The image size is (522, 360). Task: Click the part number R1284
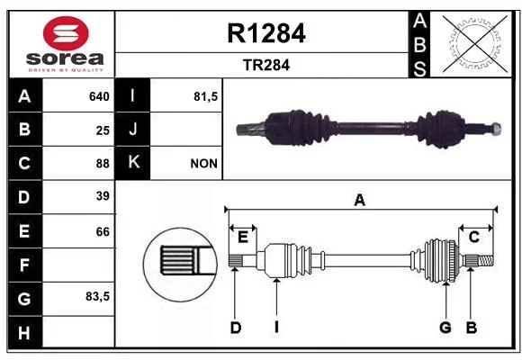coord(266,33)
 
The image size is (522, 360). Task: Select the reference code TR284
coord(266,65)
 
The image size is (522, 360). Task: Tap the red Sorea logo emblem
coord(66,33)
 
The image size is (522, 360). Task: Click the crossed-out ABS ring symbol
coord(475,43)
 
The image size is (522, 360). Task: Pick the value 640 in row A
coord(99,96)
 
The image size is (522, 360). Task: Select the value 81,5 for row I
coord(206,96)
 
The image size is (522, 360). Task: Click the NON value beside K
coord(203,164)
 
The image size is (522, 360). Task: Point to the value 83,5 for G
coord(97,296)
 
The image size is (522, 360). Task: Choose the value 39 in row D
coord(103,196)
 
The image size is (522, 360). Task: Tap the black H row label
coord(25,333)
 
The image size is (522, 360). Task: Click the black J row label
coord(132,129)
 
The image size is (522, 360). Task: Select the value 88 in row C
coord(103,164)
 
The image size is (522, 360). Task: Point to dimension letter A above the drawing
coord(359,200)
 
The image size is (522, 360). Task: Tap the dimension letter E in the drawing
coord(243,238)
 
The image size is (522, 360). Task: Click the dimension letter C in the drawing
coord(473,237)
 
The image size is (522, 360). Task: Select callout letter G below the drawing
coord(445,328)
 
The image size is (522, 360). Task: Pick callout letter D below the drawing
coord(236,328)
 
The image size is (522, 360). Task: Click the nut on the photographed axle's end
coord(496,128)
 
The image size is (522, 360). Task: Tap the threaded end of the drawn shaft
coord(486,260)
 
